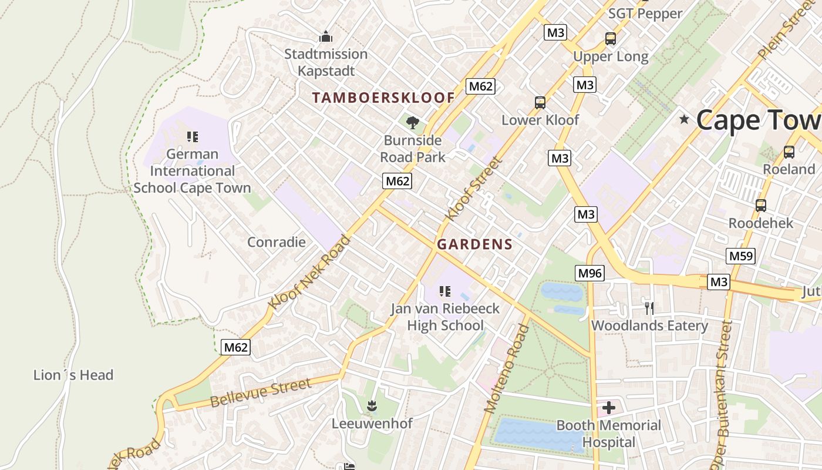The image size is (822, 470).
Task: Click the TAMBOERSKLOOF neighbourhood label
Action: (383, 98)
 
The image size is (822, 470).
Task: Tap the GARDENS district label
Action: (475, 244)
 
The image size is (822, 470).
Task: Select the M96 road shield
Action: (589, 273)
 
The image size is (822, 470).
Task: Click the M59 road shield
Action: (740, 256)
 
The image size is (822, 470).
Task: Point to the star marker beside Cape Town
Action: (684, 119)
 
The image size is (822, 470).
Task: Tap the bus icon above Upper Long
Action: (611, 39)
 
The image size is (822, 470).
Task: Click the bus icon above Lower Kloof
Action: (540, 103)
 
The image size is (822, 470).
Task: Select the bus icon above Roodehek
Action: (761, 206)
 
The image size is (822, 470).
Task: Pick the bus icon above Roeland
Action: (789, 152)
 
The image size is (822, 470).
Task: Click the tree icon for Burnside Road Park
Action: (413, 122)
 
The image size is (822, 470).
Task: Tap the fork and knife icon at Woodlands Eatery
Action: (649, 308)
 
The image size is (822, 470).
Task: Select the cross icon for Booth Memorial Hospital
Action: (609, 407)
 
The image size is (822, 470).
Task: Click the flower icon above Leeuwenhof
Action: (372, 405)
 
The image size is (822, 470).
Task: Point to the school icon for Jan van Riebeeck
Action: (445, 291)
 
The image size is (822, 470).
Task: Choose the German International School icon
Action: (192, 137)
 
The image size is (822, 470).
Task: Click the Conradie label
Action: (277, 242)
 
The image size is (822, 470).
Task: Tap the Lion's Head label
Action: (73, 375)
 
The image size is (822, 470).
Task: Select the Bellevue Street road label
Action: (260, 392)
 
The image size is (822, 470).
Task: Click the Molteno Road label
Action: (503, 368)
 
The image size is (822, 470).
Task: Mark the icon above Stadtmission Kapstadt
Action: (326, 37)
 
